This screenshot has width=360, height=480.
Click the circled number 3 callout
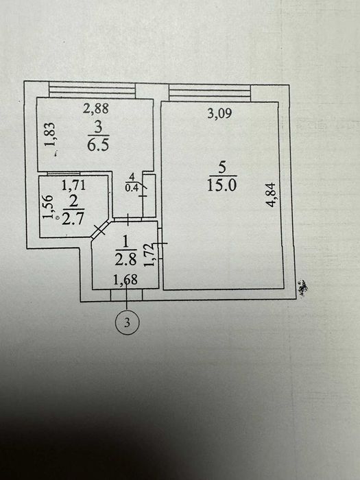point(127,322)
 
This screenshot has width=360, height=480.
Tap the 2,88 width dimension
point(95,108)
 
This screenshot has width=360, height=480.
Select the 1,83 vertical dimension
point(50,134)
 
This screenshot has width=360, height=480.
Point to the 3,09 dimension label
point(219,113)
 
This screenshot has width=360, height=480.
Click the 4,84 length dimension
point(271,195)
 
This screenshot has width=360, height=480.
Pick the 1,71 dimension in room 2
point(73,185)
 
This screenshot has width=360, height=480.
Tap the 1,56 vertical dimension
point(48,207)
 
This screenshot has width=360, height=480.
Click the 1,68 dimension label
point(125,280)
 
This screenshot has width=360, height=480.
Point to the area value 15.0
point(222,186)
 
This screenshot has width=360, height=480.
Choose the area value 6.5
point(98,145)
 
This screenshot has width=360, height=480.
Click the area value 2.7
point(73,219)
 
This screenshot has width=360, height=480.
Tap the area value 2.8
point(125,260)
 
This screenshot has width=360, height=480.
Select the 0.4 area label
point(132,187)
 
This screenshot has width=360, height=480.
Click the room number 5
point(222,168)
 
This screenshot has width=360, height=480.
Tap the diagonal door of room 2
point(100,229)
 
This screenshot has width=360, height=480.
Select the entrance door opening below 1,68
point(126,295)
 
